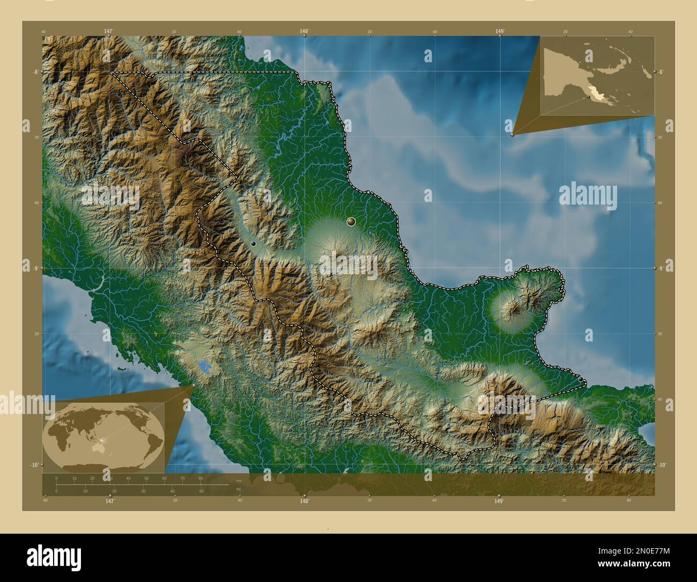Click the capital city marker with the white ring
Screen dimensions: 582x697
tap(351, 221)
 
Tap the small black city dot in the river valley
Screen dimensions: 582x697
tap(253, 244)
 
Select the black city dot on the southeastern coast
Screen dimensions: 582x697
tap(581, 380)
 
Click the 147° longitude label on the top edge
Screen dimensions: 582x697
tap(109, 32)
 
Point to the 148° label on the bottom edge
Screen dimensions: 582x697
tap(304, 501)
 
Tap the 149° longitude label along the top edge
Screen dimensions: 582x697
tap(500, 32)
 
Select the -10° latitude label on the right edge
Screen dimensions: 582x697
tap(663, 465)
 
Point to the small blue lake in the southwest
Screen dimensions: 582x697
tap(204, 368)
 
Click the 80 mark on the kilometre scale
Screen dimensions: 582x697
tap(200, 478)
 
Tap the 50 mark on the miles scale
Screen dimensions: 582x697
tap(201, 491)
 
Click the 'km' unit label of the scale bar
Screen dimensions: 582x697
tap(239, 481)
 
